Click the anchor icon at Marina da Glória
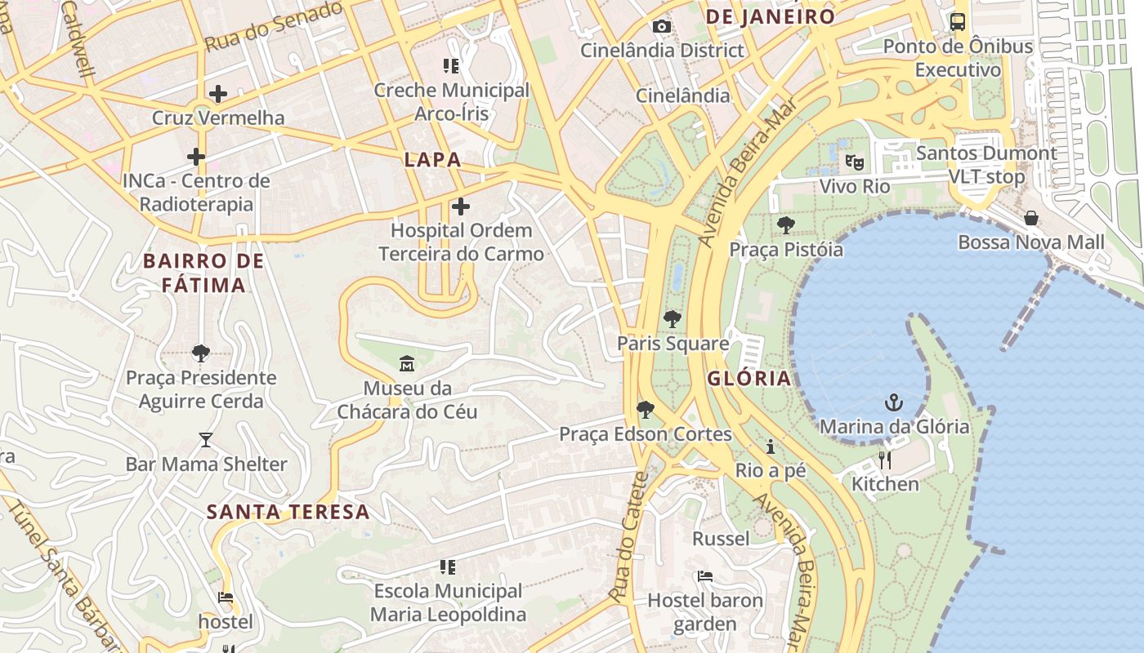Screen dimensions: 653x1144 click(x=894, y=402)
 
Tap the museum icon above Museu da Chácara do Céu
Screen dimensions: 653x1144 click(x=406, y=363)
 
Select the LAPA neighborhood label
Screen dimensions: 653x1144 click(x=432, y=160)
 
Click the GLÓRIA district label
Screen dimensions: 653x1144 click(x=749, y=378)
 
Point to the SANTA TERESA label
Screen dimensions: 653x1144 click(x=288, y=513)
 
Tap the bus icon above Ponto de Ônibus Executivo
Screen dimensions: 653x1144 click(x=958, y=22)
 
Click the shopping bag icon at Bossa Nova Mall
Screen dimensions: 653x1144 click(x=1031, y=218)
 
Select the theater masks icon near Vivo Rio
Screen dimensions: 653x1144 click(x=855, y=162)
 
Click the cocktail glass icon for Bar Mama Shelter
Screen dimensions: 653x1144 click(x=206, y=440)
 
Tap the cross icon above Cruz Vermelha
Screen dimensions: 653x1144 click(x=218, y=93)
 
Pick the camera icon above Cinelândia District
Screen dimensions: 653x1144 click(x=662, y=27)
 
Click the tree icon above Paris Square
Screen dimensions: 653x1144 click(x=673, y=319)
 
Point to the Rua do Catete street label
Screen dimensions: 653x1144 click(x=628, y=539)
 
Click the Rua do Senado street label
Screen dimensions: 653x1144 click(x=273, y=26)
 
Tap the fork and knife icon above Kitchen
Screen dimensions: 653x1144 click(x=885, y=460)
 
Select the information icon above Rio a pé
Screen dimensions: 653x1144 click(x=770, y=446)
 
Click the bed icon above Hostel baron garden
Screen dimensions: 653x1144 click(x=705, y=576)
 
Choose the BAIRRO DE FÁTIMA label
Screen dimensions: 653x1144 click(x=203, y=273)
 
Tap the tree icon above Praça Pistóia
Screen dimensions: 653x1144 click(x=786, y=224)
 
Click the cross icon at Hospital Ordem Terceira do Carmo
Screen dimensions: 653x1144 click(x=461, y=207)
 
